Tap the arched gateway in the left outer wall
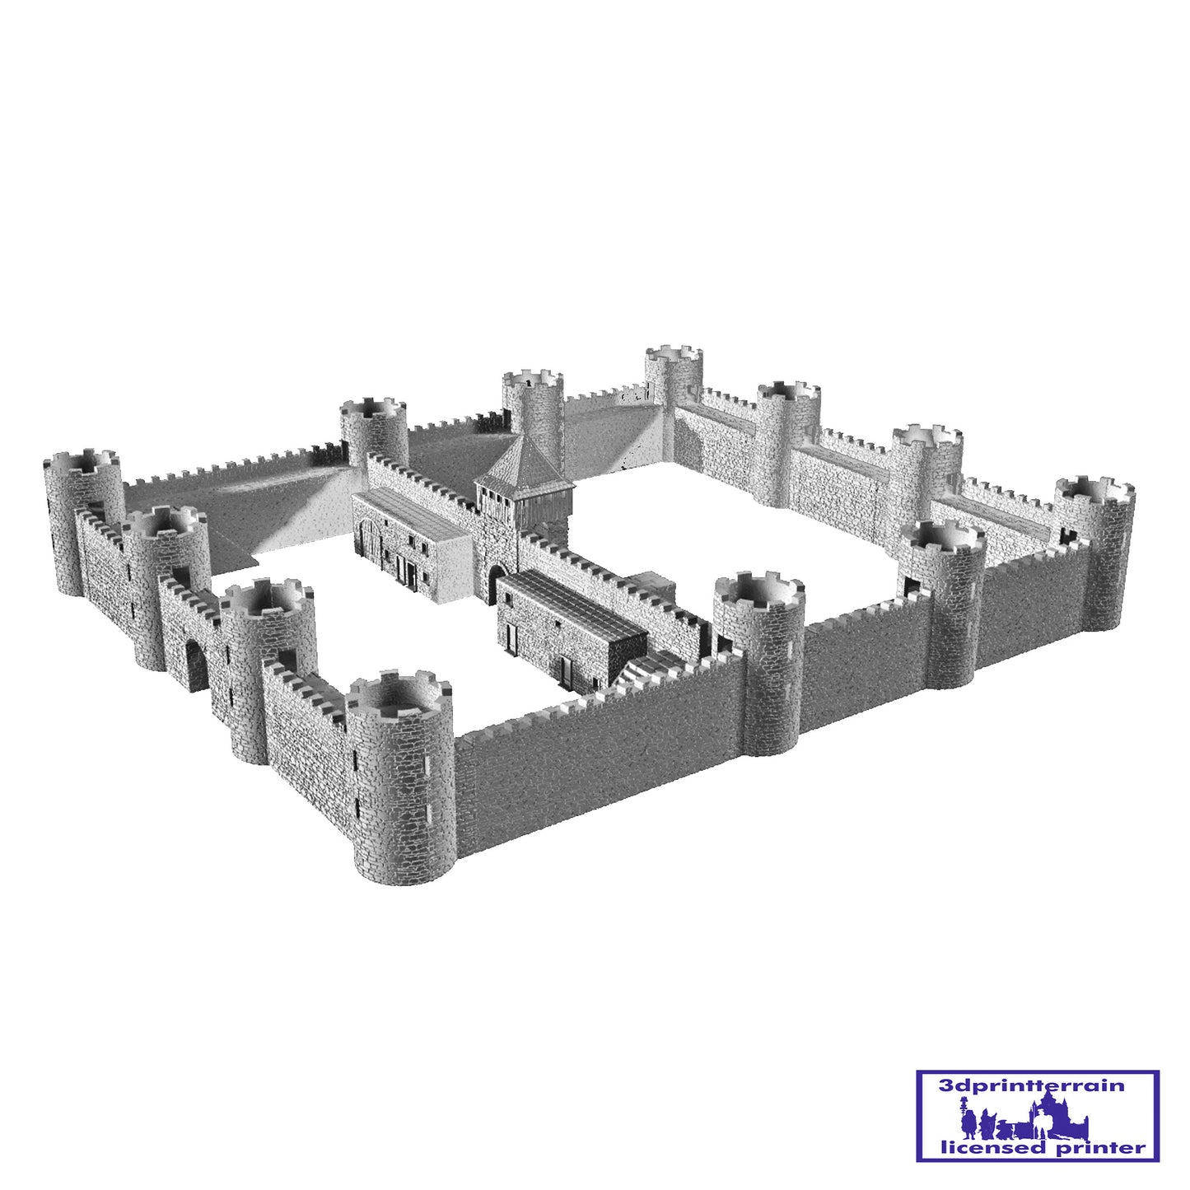point(196,666)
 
